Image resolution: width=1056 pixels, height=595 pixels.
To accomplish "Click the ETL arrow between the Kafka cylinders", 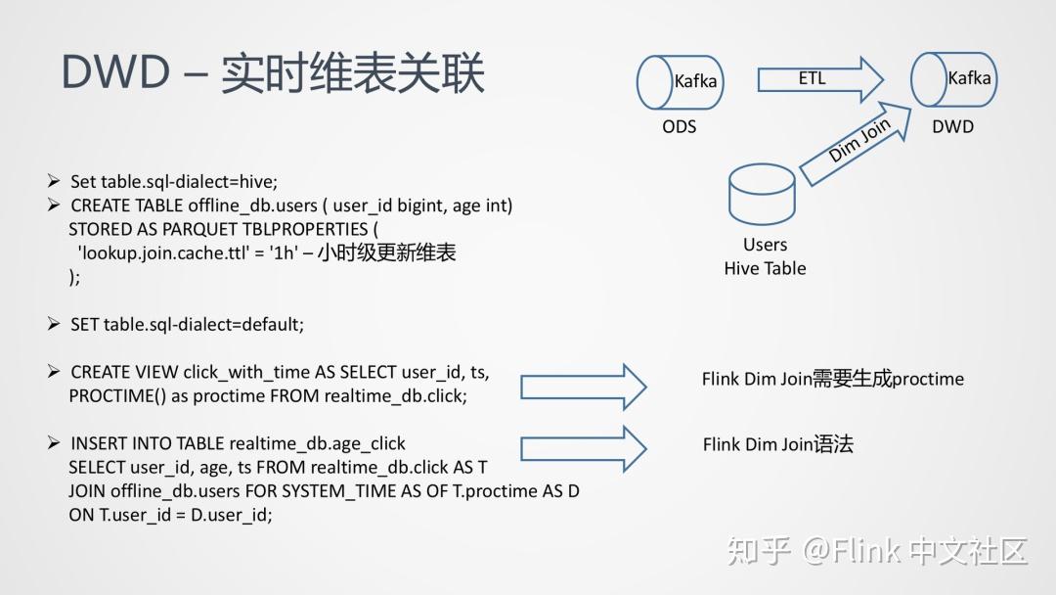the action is coord(820,79).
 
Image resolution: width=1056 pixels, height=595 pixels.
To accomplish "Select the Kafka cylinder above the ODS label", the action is coord(681,82).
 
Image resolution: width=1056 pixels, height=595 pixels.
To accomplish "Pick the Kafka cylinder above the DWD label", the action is coord(953,79).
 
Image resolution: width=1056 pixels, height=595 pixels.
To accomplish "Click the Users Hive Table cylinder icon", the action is coord(763,194).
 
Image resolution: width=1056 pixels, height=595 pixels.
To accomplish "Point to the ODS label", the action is coord(679,126).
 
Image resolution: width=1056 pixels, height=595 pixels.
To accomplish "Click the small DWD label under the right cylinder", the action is coord(953,126).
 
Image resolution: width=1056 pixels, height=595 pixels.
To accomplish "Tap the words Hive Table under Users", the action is coord(765,268).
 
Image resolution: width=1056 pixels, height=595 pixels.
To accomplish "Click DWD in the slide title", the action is coord(115,71).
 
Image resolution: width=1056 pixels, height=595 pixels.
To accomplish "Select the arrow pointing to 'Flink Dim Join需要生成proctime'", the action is coord(583,387).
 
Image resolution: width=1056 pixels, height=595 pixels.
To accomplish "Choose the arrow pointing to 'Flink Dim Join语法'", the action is coord(583,449).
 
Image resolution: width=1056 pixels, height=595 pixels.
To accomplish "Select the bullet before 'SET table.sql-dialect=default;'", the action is coord(54,324).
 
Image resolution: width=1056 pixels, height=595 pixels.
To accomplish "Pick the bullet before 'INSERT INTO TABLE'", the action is coord(54,442).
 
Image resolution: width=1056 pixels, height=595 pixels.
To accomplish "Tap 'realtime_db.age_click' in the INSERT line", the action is coord(317,444).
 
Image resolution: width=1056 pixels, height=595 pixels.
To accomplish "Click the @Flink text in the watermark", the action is coord(852,551).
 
